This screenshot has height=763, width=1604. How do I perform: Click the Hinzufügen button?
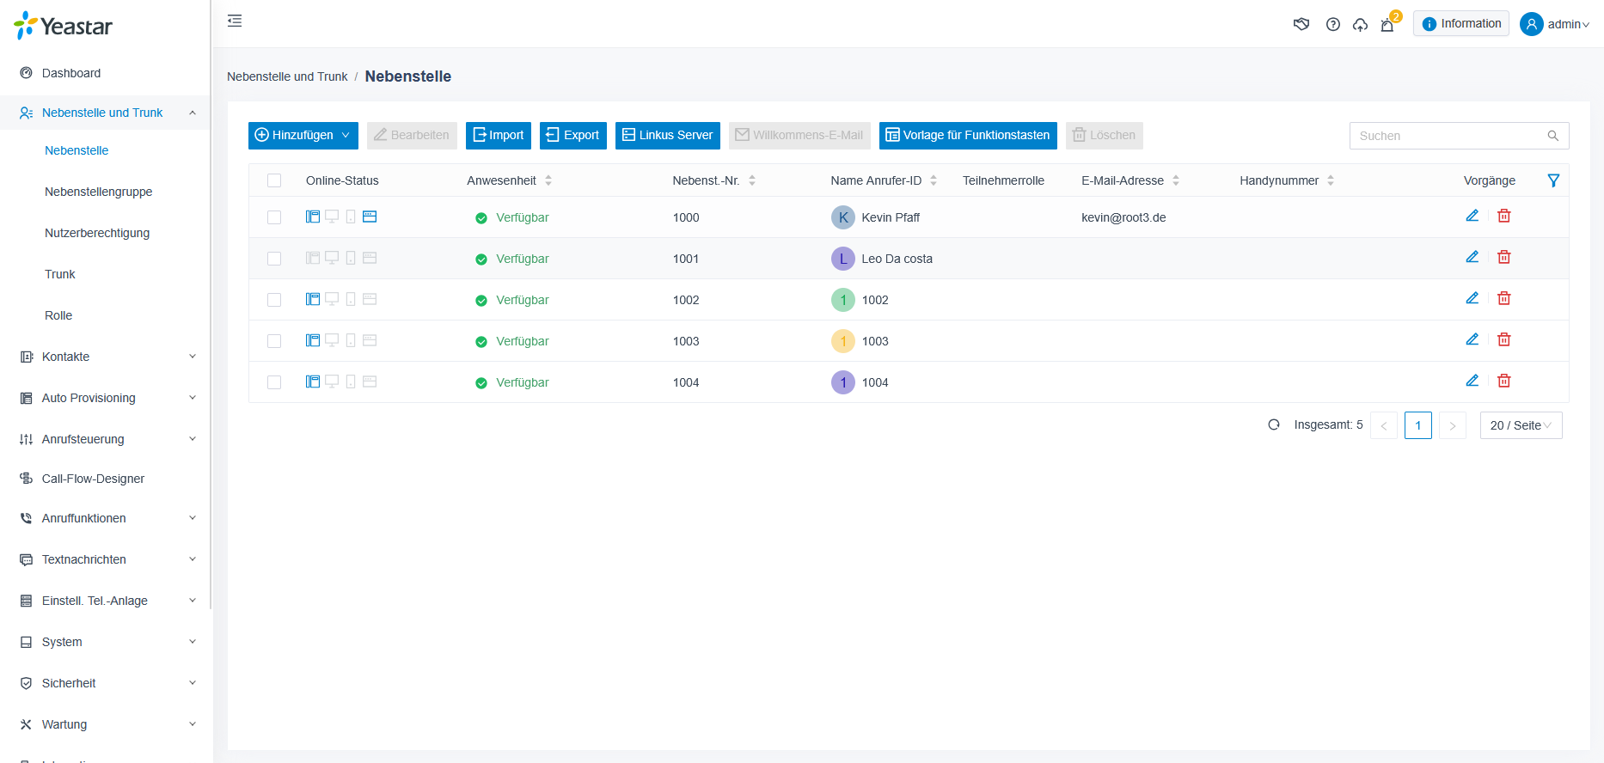tap(303, 136)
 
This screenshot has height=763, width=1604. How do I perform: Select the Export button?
tap(572, 136)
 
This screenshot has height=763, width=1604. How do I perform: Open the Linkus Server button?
tap(667, 136)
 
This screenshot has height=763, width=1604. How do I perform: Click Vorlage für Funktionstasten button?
tap(968, 136)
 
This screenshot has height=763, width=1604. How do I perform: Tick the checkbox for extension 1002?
tap(274, 300)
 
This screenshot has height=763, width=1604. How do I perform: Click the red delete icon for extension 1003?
tap(1504, 339)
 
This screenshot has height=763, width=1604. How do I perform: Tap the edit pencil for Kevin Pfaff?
tap(1472, 216)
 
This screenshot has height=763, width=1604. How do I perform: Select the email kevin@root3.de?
tap(1123, 217)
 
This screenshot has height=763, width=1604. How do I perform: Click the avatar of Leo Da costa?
tap(843, 259)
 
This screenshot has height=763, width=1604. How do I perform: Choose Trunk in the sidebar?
tap(60, 274)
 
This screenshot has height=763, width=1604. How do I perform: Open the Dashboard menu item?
tap(71, 73)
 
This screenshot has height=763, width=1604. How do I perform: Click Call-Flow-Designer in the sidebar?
tap(93, 479)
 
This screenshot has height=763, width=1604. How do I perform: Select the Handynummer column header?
tap(1279, 180)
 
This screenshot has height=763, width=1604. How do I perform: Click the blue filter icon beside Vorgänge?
tap(1553, 180)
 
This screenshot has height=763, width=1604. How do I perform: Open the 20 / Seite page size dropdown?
tap(1521, 425)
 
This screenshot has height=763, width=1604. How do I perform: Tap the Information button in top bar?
tap(1461, 24)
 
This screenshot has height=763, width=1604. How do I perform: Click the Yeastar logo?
tap(64, 26)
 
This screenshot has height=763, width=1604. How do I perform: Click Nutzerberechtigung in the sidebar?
tap(97, 233)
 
